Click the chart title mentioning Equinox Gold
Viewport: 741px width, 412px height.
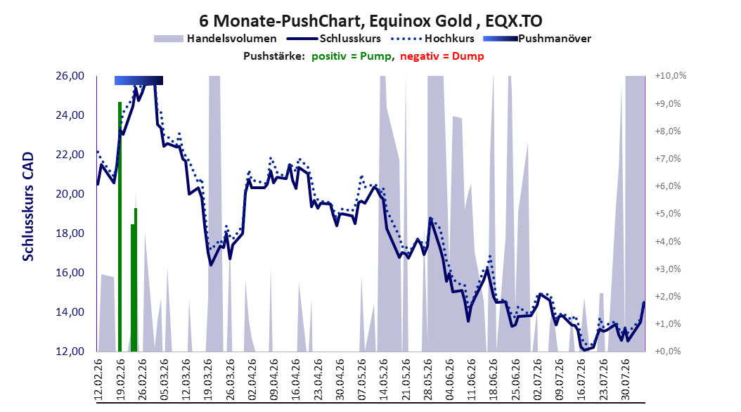[x=370, y=21]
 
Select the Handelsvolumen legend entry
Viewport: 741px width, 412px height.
[x=215, y=39]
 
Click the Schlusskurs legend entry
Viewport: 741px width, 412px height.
[x=334, y=39]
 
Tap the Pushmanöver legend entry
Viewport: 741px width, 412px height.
[x=537, y=39]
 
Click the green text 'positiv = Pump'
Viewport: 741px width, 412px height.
[x=351, y=56]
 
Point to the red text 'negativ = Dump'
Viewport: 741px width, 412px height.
[x=442, y=56]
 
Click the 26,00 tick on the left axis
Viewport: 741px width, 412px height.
[x=70, y=76]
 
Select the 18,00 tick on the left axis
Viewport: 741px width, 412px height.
[x=70, y=233]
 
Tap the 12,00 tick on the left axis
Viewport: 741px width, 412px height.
[x=70, y=352]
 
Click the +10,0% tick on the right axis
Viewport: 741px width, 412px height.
[x=671, y=76]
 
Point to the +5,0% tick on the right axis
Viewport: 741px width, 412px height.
[x=668, y=214]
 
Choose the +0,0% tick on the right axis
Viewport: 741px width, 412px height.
[x=668, y=352]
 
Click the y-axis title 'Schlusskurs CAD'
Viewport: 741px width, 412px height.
[x=28, y=207]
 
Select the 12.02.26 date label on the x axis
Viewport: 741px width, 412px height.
[x=98, y=380]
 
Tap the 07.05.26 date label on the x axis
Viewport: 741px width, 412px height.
[x=362, y=380]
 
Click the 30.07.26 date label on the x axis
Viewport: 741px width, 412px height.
[x=626, y=380]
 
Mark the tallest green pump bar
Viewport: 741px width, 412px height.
[x=120, y=227]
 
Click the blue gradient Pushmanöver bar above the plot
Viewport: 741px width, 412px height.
[x=138, y=80]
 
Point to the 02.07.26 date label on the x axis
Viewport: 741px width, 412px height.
[x=538, y=380]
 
